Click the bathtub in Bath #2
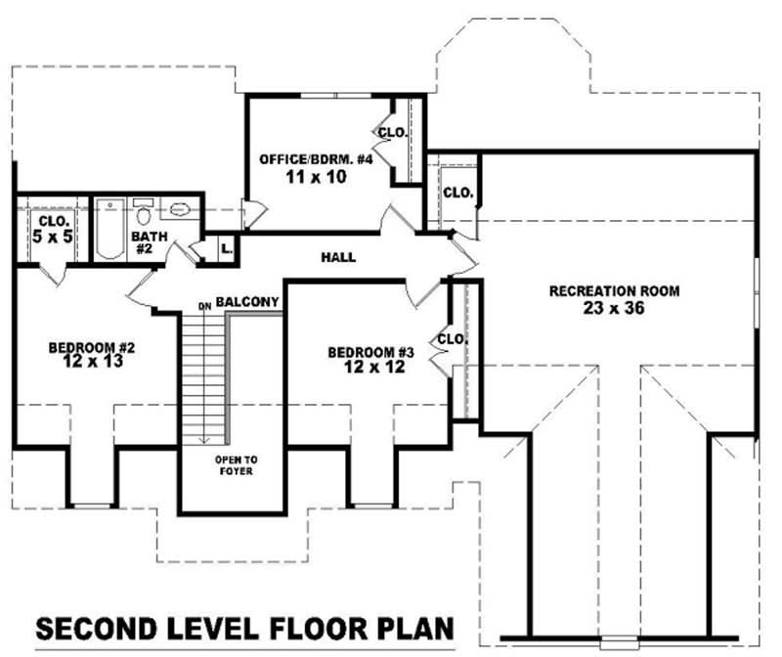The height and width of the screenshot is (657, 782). tap(109, 231)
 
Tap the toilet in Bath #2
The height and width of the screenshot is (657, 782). tap(143, 214)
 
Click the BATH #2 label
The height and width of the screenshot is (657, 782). tap(145, 241)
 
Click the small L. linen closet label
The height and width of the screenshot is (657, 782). tap(227, 248)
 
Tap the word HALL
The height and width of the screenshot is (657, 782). tap(337, 257)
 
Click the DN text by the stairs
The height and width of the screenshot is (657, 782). tap(204, 306)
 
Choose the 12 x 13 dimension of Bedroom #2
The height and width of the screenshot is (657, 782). tap(92, 362)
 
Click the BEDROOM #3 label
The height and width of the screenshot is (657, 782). tap(371, 352)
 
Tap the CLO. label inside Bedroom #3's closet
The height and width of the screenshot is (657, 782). tap(452, 339)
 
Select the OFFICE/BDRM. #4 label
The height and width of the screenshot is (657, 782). tap(317, 159)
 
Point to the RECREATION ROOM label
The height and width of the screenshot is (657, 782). tap(614, 291)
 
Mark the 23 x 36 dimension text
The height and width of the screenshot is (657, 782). tap(614, 308)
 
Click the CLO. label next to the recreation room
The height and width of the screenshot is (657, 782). tap(457, 193)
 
